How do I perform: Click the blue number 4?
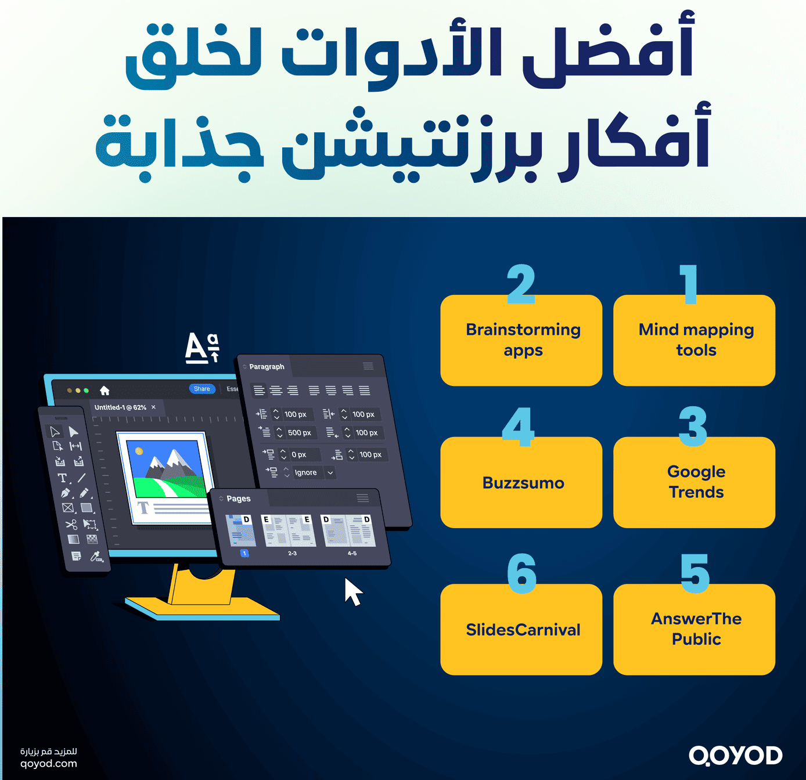coord(519,427)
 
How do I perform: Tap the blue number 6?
coord(521,573)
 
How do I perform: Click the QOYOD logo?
coord(735,756)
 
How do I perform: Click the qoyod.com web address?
coord(49,764)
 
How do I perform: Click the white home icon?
coord(105,390)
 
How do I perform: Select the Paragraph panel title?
coord(267,367)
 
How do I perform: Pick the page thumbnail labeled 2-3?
coord(290,531)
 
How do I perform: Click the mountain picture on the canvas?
coord(167,468)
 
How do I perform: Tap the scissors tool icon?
coord(71,525)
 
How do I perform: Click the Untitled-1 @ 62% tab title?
coord(120,407)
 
